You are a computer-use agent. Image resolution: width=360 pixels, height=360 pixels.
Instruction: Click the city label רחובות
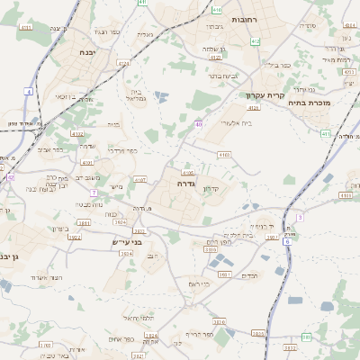coord(246,20)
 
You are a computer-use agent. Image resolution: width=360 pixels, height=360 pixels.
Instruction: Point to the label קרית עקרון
coord(265,94)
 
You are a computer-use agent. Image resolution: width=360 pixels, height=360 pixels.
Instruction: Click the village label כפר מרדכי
coord(122,150)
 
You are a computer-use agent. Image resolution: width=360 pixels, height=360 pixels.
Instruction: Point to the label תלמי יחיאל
coord(140,319)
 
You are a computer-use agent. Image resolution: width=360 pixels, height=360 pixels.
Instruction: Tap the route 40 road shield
coord(197,124)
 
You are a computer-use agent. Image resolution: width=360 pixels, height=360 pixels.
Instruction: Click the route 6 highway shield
coord(287,241)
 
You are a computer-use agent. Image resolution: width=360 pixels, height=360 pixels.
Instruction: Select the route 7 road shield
coord(94,193)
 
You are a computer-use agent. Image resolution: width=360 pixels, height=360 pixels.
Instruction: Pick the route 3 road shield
coord(300,217)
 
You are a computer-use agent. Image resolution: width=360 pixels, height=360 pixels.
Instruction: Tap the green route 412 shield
coord(256,41)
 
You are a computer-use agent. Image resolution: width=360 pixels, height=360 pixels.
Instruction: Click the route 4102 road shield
coord(88,163)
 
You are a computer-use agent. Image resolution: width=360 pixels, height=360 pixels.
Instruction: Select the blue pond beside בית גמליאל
coord(160,96)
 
